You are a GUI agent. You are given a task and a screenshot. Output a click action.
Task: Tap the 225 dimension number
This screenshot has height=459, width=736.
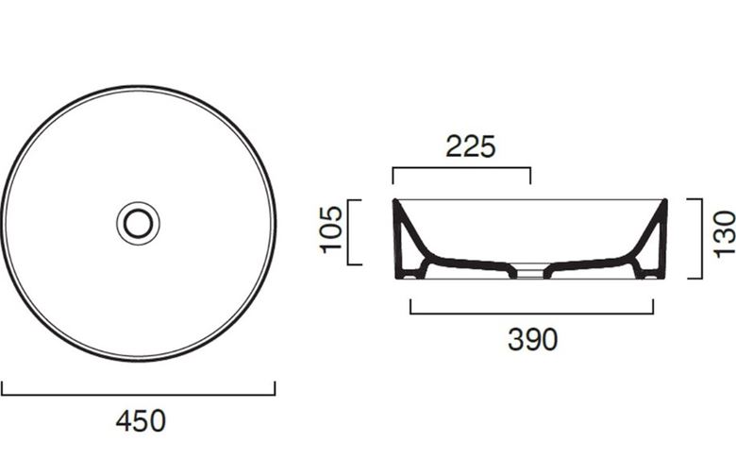pos(470,146)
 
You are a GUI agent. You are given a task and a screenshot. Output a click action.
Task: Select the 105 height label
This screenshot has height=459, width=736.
pos(332,229)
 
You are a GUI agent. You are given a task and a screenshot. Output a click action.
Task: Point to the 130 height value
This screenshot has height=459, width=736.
pos(724,234)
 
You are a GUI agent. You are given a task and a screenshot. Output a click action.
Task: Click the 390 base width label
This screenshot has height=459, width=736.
pos(533,339)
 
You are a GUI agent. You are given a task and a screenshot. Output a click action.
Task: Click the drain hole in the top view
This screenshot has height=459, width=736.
pos(138,224)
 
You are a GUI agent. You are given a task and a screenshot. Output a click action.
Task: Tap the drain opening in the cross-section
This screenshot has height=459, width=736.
pos(530,273)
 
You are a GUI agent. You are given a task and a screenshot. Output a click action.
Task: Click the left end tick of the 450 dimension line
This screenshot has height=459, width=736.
pos(2,388)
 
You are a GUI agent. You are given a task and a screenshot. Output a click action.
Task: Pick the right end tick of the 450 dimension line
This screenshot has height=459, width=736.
pos(275,388)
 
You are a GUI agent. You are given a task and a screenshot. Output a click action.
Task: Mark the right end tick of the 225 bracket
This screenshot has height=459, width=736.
pos(530,176)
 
